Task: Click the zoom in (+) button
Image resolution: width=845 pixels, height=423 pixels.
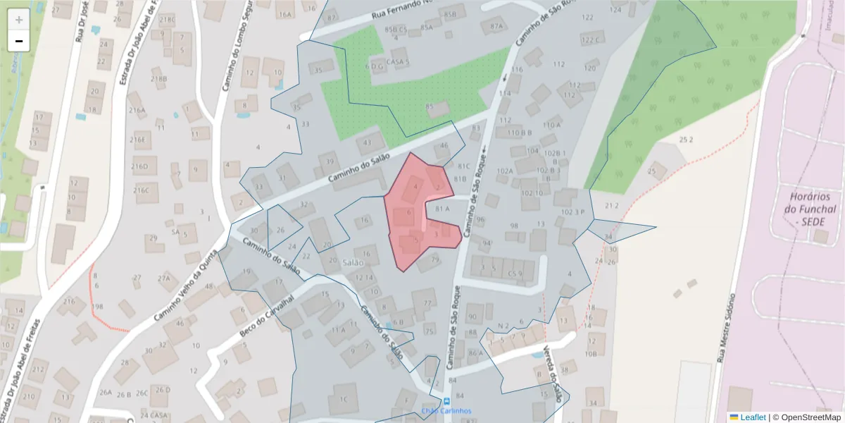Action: click(18, 20)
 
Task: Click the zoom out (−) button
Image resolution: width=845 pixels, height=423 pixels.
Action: click(18, 41)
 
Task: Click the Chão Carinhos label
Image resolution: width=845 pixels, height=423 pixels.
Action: click(446, 411)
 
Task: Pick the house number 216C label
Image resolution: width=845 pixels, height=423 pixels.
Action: click(141, 190)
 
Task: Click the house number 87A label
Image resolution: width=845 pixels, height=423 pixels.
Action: click(497, 26)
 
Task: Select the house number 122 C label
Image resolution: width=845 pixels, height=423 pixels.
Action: click(590, 39)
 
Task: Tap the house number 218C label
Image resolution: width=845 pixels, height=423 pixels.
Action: click(167, 20)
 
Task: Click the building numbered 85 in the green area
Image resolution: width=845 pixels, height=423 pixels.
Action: click(437, 109)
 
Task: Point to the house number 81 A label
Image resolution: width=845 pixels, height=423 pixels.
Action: click(442, 209)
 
